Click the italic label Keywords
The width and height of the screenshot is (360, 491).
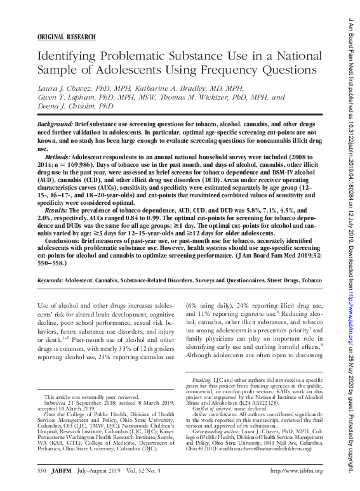point(50,278)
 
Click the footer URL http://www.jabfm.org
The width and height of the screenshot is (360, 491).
point(297,471)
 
